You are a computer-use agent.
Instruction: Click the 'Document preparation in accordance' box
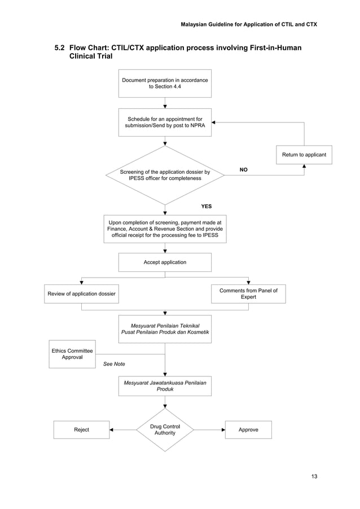(165, 84)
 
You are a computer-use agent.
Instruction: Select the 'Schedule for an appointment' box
(165, 122)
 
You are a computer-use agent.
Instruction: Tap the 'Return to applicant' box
(304, 155)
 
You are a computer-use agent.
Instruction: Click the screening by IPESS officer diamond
(165, 175)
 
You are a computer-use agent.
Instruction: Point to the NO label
(244, 169)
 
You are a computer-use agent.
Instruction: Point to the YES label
(207, 207)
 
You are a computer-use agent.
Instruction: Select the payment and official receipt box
(165, 229)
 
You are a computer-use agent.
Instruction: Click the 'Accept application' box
(165, 262)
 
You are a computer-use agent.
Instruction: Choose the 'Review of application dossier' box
(81, 294)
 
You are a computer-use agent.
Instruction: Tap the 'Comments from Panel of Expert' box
(248, 293)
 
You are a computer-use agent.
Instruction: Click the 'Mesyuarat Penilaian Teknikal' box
(165, 330)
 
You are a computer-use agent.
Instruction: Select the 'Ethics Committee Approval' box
(72, 354)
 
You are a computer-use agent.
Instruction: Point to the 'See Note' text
(114, 364)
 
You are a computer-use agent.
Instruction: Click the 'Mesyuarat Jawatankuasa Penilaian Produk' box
(165, 386)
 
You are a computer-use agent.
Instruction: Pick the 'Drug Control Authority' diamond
(165, 429)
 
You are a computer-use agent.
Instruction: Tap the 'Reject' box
(81, 429)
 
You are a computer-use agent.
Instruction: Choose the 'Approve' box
(248, 429)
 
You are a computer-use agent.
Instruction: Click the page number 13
(314, 477)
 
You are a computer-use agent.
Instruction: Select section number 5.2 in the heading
(59, 48)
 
